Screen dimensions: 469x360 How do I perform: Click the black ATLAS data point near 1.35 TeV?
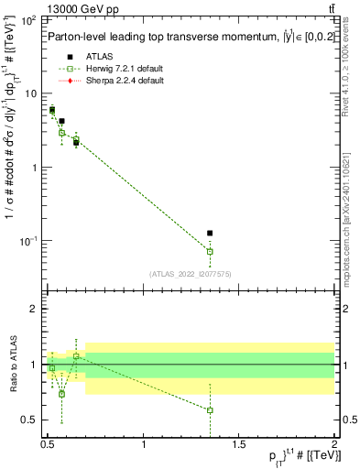210,234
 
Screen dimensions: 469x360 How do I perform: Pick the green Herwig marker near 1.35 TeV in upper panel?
210,251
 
